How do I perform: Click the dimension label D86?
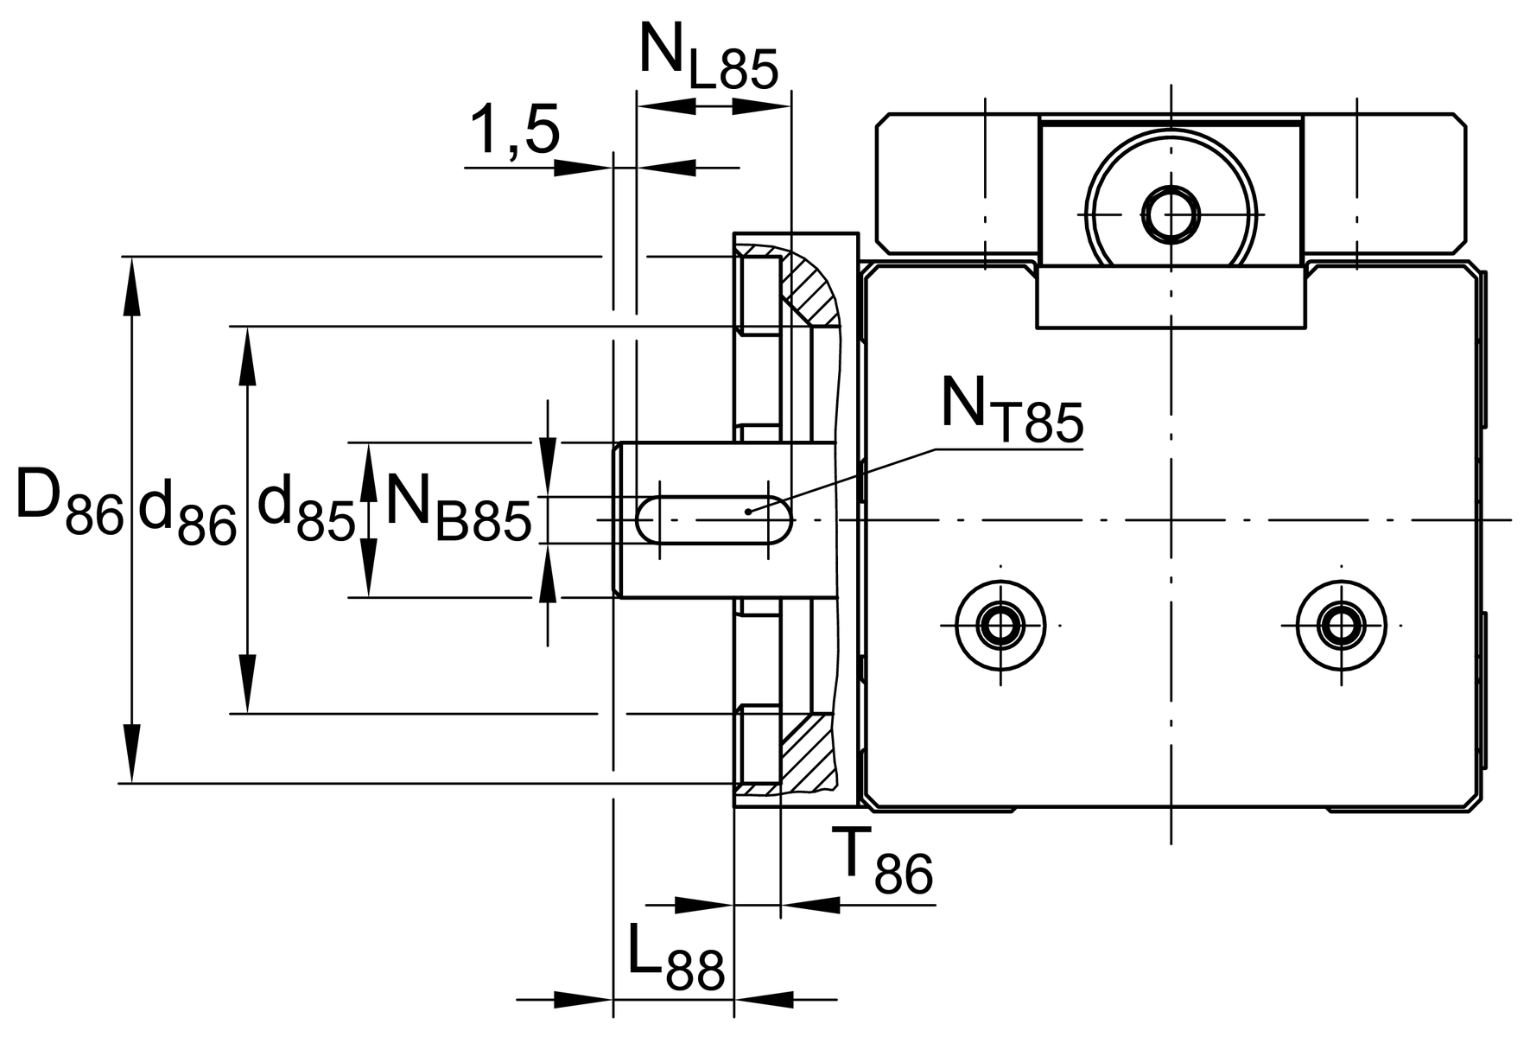pyautogui.click(x=69, y=506)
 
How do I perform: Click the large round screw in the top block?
pyautogui.click(x=1171, y=213)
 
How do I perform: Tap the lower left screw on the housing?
pyautogui.click(x=1000, y=624)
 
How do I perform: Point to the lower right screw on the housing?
pyautogui.click(x=1341, y=624)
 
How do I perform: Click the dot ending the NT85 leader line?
pyautogui.click(x=748, y=512)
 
